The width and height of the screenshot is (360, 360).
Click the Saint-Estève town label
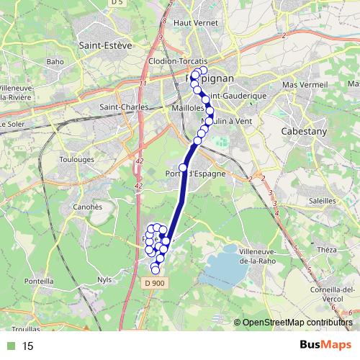[x=105, y=45]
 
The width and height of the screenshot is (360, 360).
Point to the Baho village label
[x=55, y=61]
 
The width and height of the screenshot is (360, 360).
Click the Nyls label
[x=105, y=279]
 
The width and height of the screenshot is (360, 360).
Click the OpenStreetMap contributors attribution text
[x=299, y=323]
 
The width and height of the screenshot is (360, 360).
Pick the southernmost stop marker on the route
[x=155, y=270]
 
